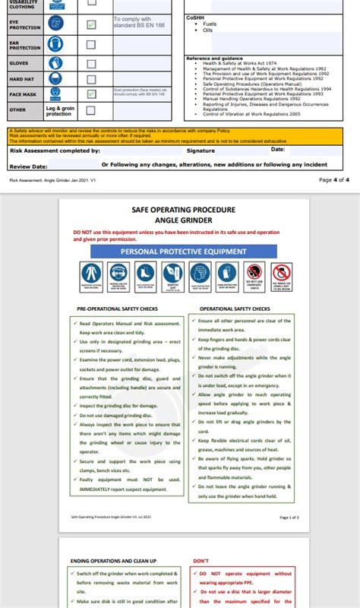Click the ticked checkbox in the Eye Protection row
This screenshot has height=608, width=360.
click(x=91, y=24)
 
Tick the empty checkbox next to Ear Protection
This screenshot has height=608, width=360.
click(x=91, y=45)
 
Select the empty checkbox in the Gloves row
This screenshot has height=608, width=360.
click(x=91, y=62)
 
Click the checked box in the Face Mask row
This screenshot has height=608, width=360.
click(x=91, y=93)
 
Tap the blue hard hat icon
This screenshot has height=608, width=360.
click(x=55, y=78)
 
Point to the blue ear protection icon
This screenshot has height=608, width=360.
click(x=55, y=44)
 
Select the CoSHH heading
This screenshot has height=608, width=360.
click(x=195, y=17)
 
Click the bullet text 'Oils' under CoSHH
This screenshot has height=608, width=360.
click(x=207, y=30)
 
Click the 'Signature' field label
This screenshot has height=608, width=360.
click(x=201, y=150)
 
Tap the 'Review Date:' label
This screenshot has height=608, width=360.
click(x=28, y=165)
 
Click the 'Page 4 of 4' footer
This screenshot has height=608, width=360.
click(x=333, y=180)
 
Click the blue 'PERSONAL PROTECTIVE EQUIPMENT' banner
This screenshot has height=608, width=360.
click(x=183, y=251)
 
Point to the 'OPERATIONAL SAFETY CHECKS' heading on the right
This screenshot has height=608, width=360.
click(x=235, y=309)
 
